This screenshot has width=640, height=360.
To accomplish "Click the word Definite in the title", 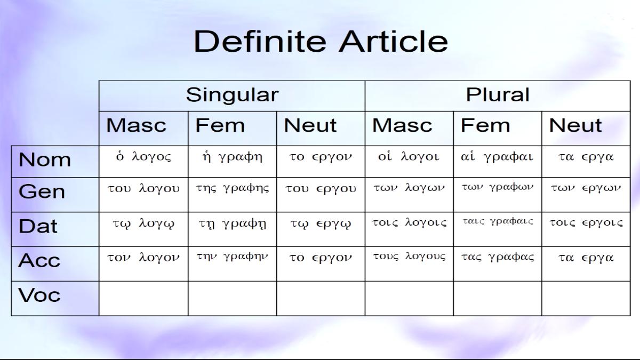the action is tap(260, 42).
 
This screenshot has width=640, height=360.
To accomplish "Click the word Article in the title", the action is tap(393, 42).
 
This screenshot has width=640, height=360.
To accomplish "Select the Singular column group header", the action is tap(233, 95).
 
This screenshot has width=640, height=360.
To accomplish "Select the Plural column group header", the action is tap(498, 94).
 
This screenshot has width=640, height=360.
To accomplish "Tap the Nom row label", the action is tap(45, 159).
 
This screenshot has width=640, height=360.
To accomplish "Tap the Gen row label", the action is tap(42, 191).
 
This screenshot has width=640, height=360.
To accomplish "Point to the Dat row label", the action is tap(38, 226).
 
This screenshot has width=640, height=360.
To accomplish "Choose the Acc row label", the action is tap(39, 260).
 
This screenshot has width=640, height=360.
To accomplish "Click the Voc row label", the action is tap(39, 295).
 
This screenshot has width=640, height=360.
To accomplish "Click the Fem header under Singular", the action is tap(220, 125).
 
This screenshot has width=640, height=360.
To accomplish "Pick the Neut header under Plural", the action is tap(575, 125).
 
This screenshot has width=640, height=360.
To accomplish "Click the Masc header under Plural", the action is tap(402, 125).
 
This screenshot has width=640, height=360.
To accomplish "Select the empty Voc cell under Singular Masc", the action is tap(143, 299).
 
